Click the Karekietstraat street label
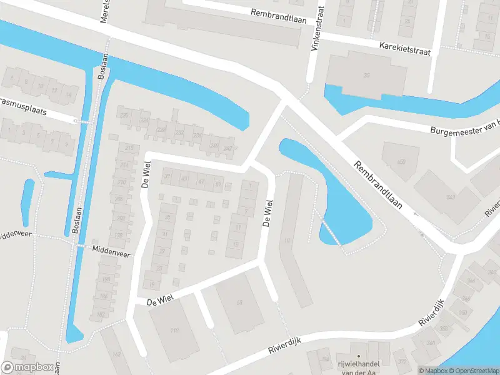(x=405, y=49)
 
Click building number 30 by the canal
(x=367, y=76)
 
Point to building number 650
(x=401, y=162)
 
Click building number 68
(x=239, y=303)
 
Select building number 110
(x=174, y=330)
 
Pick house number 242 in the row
(x=227, y=148)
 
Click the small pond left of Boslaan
(x=27, y=202)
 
